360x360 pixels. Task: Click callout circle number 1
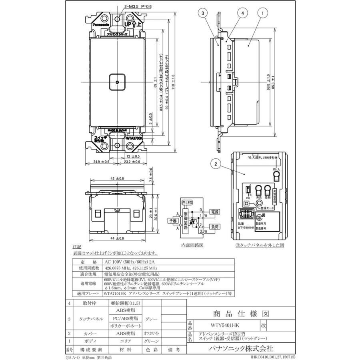click(x=263, y=13)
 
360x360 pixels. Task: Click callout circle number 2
click(x=216, y=163)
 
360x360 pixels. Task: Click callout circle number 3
click(x=203, y=13)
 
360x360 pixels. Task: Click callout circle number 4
click(x=242, y=13)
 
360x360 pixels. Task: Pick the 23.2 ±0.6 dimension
click(x=131, y=162)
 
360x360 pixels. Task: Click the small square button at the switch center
click(x=117, y=82)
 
